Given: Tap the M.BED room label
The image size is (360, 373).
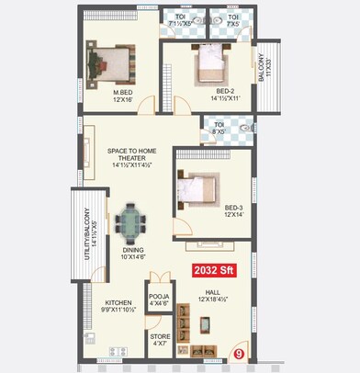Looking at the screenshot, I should pos(124,91).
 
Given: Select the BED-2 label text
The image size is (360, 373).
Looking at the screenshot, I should pos(226,91).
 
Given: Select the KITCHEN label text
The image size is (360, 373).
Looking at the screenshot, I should pos(118,302).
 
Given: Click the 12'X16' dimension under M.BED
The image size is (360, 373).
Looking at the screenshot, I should pos(124,99).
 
